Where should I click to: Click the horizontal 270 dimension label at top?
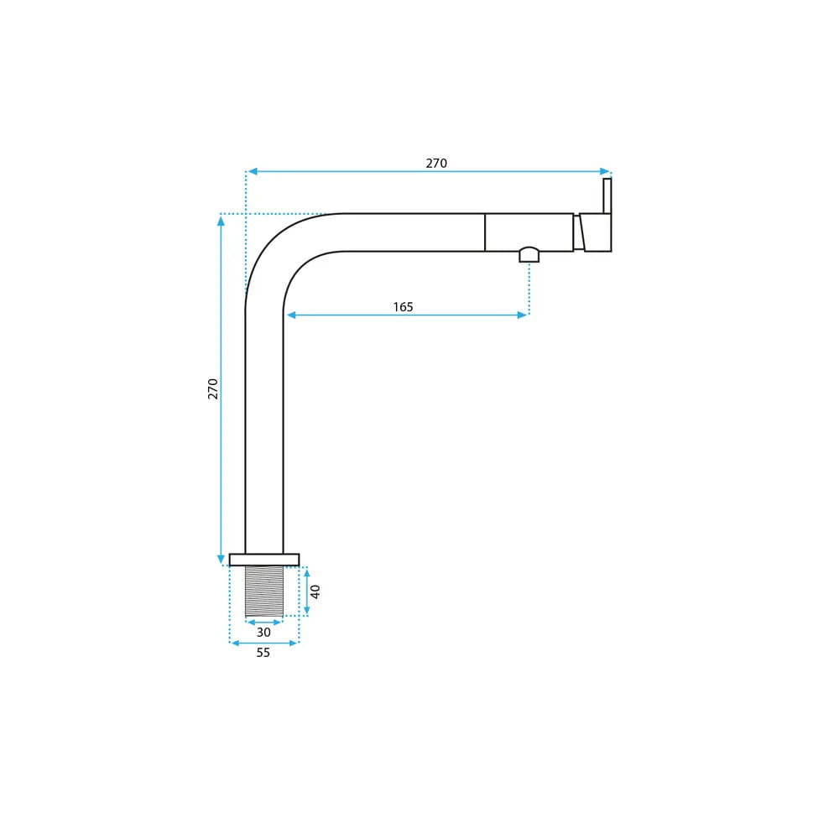pyautogui.click(x=436, y=164)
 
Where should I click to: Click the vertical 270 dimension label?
pyautogui.click(x=213, y=388)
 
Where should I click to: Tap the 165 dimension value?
pyautogui.click(x=403, y=307)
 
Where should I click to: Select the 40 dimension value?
pyautogui.click(x=315, y=591)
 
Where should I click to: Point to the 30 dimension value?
pyautogui.click(x=263, y=633)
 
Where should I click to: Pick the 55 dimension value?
pyautogui.click(x=263, y=653)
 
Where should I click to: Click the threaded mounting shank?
pyautogui.click(x=264, y=591)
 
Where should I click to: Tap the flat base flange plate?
pyautogui.click(x=264, y=560)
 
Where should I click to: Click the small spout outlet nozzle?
pyautogui.click(x=529, y=255)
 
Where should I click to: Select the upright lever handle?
pyautogui.click(x=607, y=195)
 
